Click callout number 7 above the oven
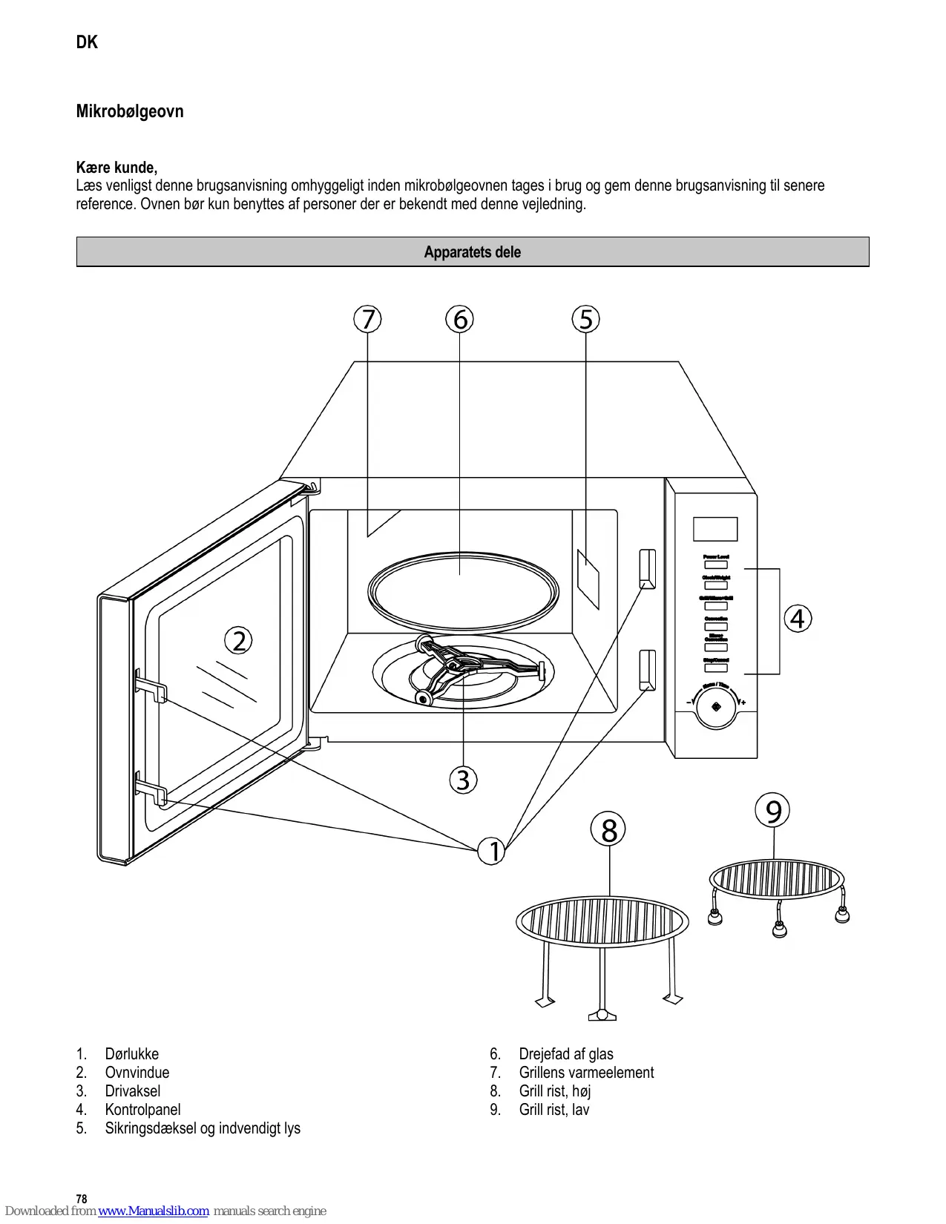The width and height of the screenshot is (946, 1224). coord(367,320)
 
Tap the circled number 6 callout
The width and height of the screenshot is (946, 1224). coord(460,320)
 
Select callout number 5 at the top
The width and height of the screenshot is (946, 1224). coord(586,320)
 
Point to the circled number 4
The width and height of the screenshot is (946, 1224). coord(798,619)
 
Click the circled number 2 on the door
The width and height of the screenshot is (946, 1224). coord(239,641)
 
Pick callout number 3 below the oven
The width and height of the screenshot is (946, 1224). coord(463,780)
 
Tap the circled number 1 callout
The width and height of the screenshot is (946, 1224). coord(492,851)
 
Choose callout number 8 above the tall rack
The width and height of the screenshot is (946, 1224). coord(608,830)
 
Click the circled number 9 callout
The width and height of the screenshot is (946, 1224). coord(772,811)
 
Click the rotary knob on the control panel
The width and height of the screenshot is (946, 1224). coord(716,707)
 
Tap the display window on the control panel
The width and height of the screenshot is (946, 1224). coord(715,529)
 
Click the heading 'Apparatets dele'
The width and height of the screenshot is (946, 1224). coord(473,252)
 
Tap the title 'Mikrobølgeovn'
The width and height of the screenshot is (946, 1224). coord(130,111)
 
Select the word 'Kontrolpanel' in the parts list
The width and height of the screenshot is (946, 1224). coord(142,1110)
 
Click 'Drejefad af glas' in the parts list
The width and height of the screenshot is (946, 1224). coord(565,1054)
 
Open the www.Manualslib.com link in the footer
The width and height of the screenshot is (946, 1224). coord(154,1211)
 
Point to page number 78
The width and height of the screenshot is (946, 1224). coord(82,1199)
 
